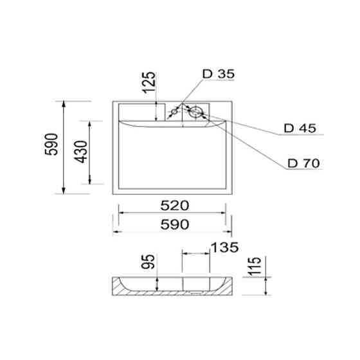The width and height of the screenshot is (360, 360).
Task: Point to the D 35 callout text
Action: tap(217, 73)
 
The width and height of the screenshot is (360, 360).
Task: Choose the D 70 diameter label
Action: tap(304, 163)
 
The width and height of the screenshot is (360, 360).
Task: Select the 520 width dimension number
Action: tap(174, 206)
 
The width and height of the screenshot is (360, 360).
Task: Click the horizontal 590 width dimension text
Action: tap(174, 224)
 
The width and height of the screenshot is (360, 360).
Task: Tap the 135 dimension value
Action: tap(224, 247)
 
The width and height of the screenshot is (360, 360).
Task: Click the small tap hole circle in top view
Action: tap(174, 114)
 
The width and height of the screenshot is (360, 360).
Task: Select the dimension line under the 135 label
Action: tap(197, 254)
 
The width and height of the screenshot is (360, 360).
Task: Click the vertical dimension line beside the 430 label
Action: tap(91, 152)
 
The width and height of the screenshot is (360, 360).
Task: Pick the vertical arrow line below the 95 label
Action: tap(157, 283)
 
